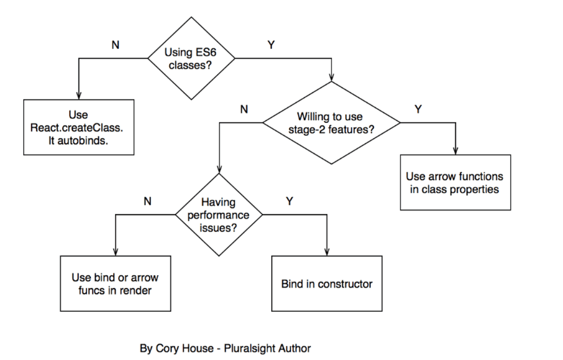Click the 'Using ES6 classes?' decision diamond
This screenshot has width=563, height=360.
coord(192,58)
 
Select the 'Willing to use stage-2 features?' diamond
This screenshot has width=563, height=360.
coord(331,123)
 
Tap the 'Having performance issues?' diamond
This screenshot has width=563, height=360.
coord(219,215)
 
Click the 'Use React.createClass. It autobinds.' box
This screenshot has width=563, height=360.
coord(79,126)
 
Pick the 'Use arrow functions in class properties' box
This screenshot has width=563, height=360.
coord(455,182)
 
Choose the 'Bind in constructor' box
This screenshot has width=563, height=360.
coord(326,284)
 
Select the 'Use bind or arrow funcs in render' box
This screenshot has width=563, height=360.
coord(115,284)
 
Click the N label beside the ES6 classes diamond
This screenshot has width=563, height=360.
coord(116,45)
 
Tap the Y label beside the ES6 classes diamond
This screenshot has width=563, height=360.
coord(271,45)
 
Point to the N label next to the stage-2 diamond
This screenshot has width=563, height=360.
coord(244,109)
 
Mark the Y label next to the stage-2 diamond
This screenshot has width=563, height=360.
coord(418,109)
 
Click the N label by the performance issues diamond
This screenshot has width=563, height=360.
coord(147,201)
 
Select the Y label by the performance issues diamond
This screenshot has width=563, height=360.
coord(289,201)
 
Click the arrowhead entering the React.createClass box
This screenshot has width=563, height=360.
coord(79,96)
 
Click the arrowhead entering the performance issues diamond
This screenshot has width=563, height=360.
coord(219,171)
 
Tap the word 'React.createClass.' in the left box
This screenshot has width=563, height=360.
coord(79,126)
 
